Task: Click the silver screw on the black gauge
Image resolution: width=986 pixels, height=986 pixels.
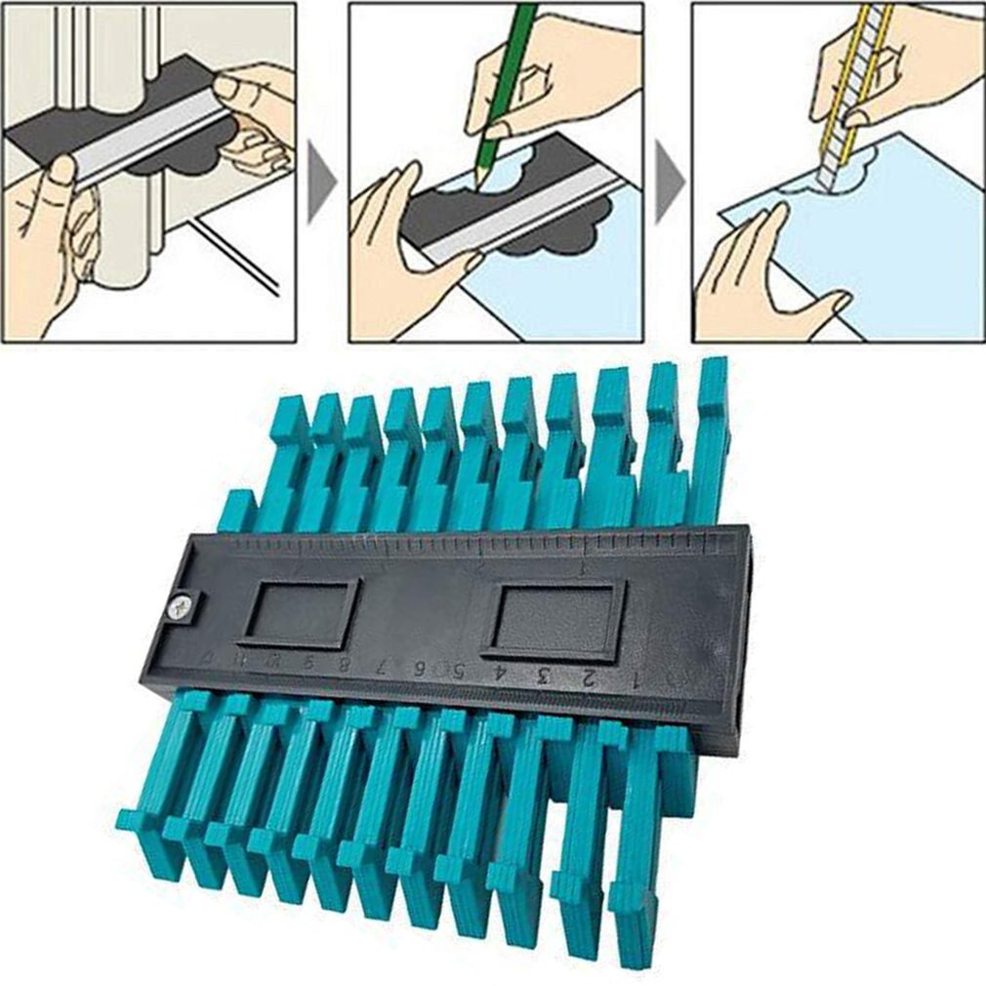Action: coord(180,607)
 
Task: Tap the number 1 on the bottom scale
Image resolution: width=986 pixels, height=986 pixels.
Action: coord(636,680)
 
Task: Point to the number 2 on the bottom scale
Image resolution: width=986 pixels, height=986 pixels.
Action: coord(588,678)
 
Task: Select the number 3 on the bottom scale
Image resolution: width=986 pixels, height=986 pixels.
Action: coord(544,676)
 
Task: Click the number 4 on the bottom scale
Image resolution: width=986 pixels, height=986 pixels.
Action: coord(500,673)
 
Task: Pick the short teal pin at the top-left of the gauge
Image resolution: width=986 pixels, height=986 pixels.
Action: coord(236,512)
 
